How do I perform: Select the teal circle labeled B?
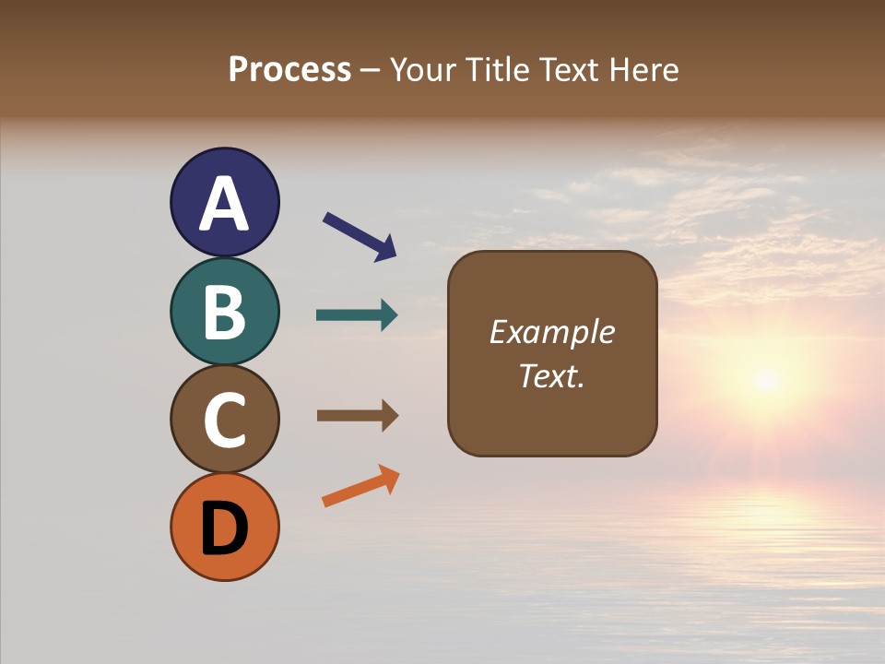224,312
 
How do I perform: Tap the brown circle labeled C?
224,420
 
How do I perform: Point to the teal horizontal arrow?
355,315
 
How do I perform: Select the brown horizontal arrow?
355,416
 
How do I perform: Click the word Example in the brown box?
551,332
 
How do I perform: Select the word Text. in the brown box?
551,376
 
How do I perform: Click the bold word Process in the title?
289,69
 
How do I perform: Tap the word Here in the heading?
643,69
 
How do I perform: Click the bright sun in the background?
766,379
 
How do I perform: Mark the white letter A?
224,204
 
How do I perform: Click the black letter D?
224,528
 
